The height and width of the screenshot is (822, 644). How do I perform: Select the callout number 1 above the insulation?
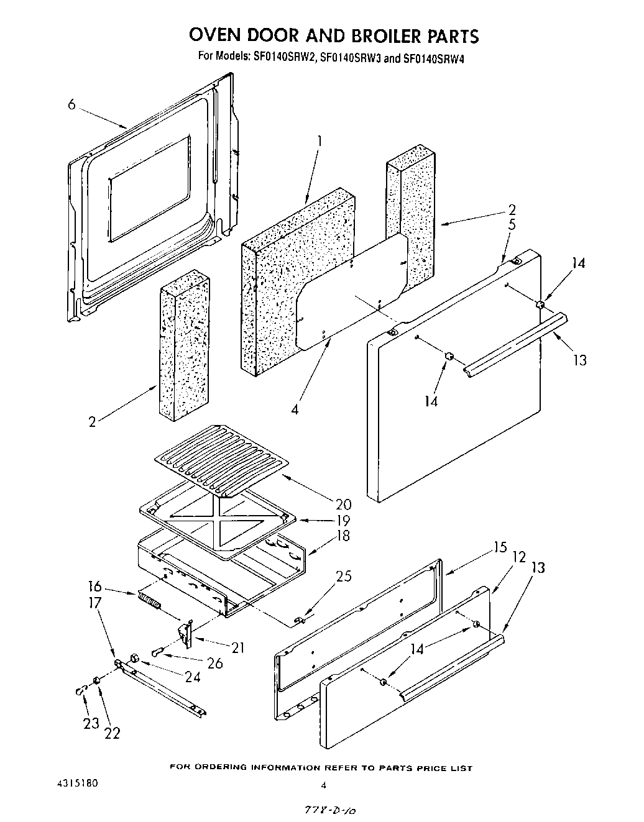[320, 142]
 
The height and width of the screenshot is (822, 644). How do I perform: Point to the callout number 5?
[511, 225]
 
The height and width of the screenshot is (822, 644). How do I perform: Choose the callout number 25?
[343, 576]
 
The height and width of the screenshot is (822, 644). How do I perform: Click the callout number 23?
[91, 723]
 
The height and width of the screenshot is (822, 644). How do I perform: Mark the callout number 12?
[519, 557]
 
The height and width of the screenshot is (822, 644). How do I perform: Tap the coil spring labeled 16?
[149, 601]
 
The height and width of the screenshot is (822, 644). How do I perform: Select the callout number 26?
[215, 663]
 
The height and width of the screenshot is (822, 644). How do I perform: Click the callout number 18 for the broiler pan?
[343, 536]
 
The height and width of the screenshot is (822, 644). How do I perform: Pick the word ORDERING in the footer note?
[216, 768]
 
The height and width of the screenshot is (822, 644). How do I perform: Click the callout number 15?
[501, 547]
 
